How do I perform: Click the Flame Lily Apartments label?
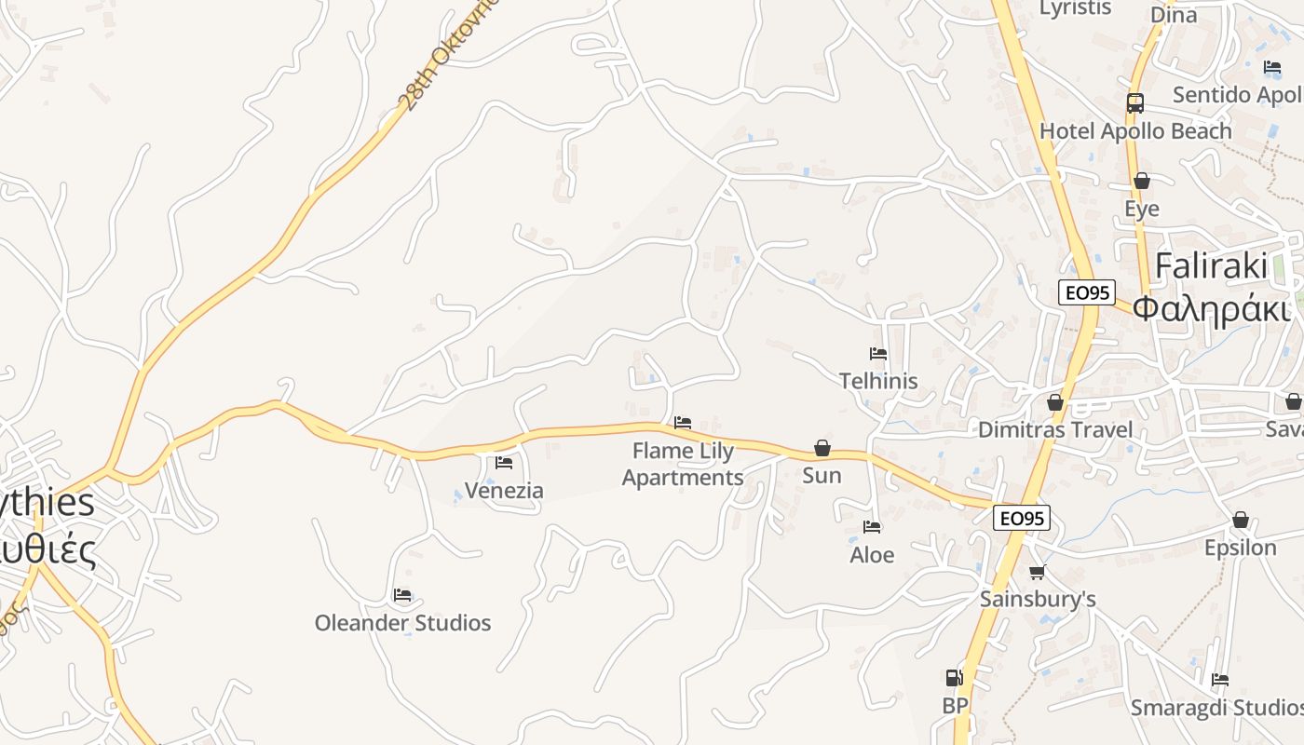(x=683, y=464)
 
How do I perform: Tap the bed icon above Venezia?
(x=504, y=462)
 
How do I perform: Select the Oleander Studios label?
(x=402, y=623)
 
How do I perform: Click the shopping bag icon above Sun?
(x=822, y=448)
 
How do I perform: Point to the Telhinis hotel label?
(x=878, y=381)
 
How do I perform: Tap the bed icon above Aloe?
(x=872, y=527)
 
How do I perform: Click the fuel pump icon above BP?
(x=955, y=678)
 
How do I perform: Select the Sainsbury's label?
(x=1038, y=599)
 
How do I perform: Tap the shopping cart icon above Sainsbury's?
(x=1038, y=572)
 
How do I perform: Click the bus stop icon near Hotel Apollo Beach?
(x=1134, y=102)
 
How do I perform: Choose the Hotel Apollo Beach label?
(x=1135, y=131)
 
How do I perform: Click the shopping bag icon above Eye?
(x=1141, y=181)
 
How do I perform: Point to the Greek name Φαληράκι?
(x=1212, y=307)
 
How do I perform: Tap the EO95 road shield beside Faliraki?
(x=1087, y=292)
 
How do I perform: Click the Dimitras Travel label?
(x=1055, y=429)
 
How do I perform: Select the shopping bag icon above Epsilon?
(x=1240, y=520)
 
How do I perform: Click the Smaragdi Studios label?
(x=1216, y=708)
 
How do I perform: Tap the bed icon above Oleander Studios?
(x=402, y=595)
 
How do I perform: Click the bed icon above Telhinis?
(x=877, y=354)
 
